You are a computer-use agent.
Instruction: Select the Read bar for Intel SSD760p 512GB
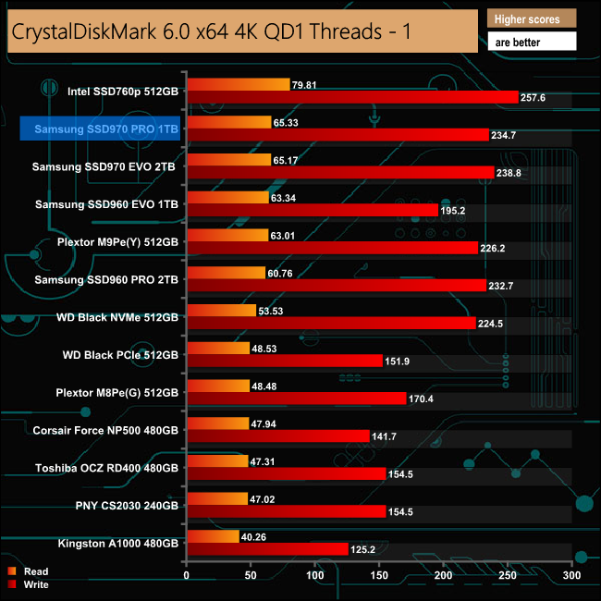[x=239, y=85]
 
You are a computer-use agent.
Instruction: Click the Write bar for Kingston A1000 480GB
[x=267, y=549]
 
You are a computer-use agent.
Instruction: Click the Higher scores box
[x=531, y=18]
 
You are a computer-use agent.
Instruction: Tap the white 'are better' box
[x=531, y=42]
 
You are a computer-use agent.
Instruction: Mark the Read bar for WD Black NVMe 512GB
[x=222, y=311]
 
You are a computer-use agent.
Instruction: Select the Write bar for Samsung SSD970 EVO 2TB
[x=340, y=172]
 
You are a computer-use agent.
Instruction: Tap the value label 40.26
[x=256, y=535]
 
